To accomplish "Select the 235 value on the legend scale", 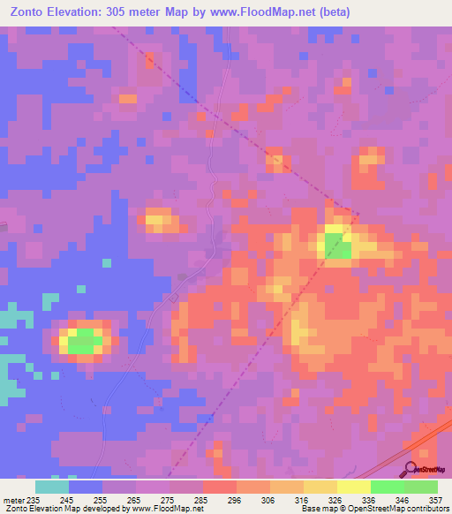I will pos(34,499).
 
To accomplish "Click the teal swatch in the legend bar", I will pos(52,487).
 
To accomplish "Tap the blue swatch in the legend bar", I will pos(86,487).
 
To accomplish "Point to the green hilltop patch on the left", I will pos(85,340).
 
